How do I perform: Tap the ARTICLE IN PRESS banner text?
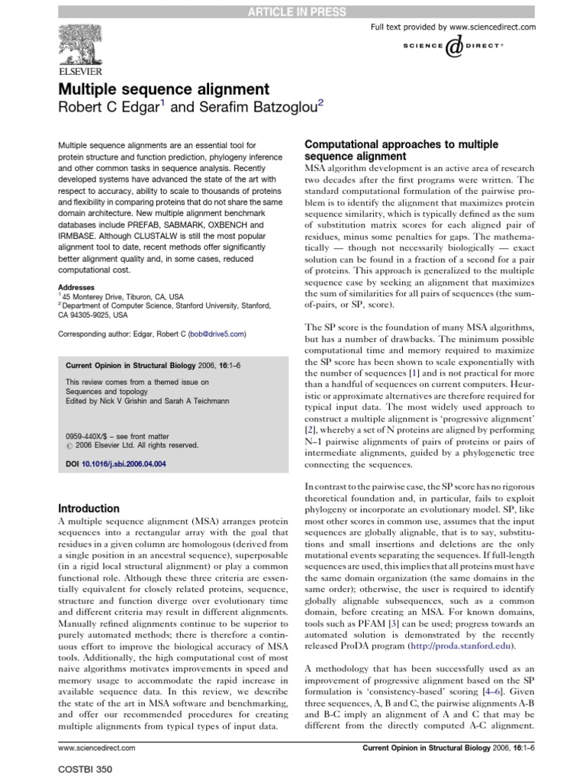tap(293, 11)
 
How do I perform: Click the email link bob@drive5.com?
tap(217, 334)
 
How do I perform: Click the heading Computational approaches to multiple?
tap(391, 144)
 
